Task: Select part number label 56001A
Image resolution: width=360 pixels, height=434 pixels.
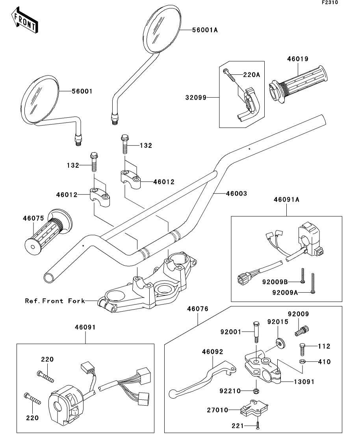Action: coord(205,30)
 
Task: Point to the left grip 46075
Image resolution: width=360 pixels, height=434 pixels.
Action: coord(45,232)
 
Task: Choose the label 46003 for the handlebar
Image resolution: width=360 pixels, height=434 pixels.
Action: coord(236,193)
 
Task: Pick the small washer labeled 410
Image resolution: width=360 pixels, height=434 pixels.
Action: coord(302,361)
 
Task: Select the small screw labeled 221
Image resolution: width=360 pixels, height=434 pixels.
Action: coord(257,425)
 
